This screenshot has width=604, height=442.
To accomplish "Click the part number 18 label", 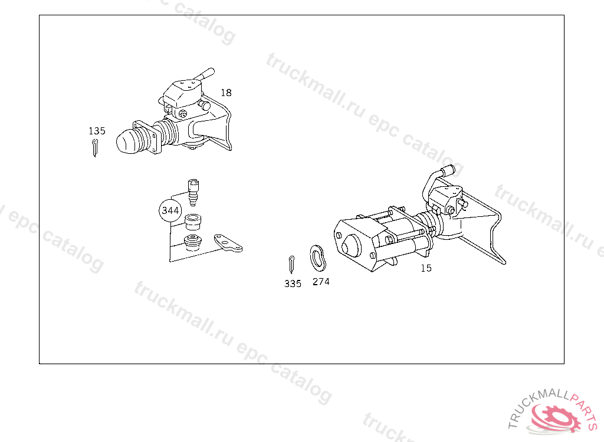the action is pos(226,93).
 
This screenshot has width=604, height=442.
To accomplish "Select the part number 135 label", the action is pos(97,131).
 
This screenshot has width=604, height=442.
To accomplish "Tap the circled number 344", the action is pos(170,210).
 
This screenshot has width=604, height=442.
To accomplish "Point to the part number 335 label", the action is pos(293,283).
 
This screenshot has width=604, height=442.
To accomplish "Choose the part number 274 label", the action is pos(321,282).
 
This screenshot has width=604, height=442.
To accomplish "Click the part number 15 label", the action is pos(426,268).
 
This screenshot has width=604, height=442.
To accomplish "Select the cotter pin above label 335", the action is pos(291,265).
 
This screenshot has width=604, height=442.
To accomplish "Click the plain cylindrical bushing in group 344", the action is pos(193,221).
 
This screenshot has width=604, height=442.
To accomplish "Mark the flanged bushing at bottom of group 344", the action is pos(193,242).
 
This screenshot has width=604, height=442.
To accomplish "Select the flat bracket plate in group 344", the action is pos(228,243).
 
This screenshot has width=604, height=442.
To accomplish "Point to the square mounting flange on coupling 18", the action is pos(147,137).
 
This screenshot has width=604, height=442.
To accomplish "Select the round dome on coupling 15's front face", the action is pos(352,245).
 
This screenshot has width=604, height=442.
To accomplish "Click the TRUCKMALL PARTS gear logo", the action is pos(553,416).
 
